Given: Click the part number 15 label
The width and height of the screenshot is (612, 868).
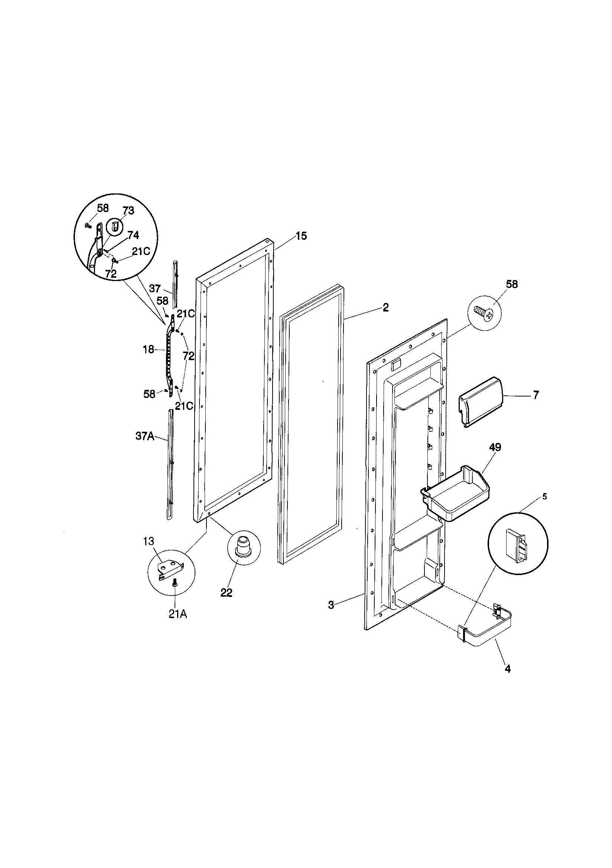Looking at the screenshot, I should coord(301,236).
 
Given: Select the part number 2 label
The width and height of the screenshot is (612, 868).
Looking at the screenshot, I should coord(385,307).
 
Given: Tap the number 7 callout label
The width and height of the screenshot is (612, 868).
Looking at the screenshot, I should coord(535,395).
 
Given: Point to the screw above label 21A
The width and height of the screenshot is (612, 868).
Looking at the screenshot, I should coord(175,584).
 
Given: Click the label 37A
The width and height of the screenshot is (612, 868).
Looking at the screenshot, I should coord(144,436).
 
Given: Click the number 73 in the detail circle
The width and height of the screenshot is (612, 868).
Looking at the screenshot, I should coord(128,211).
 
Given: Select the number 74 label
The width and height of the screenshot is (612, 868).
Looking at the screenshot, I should coord(133,235).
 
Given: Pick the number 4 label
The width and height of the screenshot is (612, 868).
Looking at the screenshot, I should coord(508,669).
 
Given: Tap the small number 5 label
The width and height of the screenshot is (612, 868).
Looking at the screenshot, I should coord(544,496).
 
